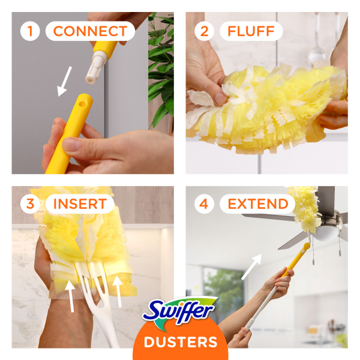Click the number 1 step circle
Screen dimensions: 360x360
tap(30, 31)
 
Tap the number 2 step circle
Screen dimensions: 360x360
tap(204, 31)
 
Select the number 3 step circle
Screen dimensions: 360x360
tap(30, 203)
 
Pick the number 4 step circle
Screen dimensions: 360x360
tap(204, 203)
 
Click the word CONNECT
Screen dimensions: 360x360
tap(91, 31)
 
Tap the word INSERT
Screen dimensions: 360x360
tap(79, 203)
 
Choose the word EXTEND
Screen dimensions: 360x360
tap(257, 203)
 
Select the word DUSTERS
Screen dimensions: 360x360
tap(180, 343)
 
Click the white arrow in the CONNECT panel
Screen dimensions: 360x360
tap(63, 81)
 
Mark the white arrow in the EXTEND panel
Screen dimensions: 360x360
tap(251, 267)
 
